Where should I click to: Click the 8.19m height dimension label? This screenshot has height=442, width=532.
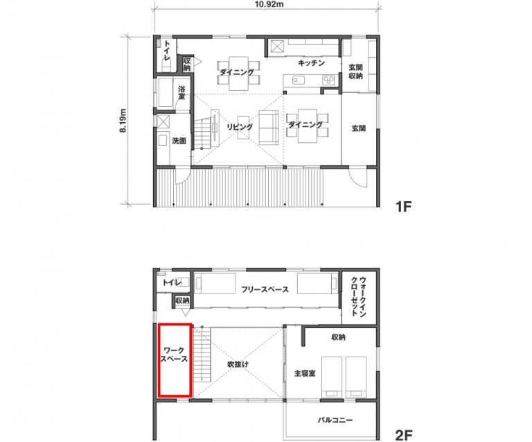point(123,121)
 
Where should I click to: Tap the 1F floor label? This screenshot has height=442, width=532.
point(403,206)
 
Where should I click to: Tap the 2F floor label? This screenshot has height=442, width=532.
point(404,435)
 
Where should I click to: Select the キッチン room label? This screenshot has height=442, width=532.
point(311,63)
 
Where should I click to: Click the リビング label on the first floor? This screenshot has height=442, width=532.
point(240,127)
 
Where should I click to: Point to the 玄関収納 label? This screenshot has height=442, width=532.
point(355,71)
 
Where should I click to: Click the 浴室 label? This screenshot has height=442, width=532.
point(181,93)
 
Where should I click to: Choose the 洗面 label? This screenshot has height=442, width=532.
point(179,141)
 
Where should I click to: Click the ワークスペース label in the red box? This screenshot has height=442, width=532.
point(174,355)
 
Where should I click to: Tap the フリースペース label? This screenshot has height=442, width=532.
point(265,289)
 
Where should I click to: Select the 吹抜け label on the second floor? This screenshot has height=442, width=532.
point(238,364)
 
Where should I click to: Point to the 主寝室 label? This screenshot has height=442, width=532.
point(305,373)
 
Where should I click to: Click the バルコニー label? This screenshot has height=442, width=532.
point(335,420)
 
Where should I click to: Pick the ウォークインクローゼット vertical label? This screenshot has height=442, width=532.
point(359,296)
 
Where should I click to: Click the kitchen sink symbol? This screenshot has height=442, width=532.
point(299,80)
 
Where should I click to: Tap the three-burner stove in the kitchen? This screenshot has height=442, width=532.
point(328,80)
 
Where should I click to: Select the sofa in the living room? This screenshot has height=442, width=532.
point(269,128)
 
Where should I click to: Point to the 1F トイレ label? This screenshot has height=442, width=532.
point(167,51)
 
